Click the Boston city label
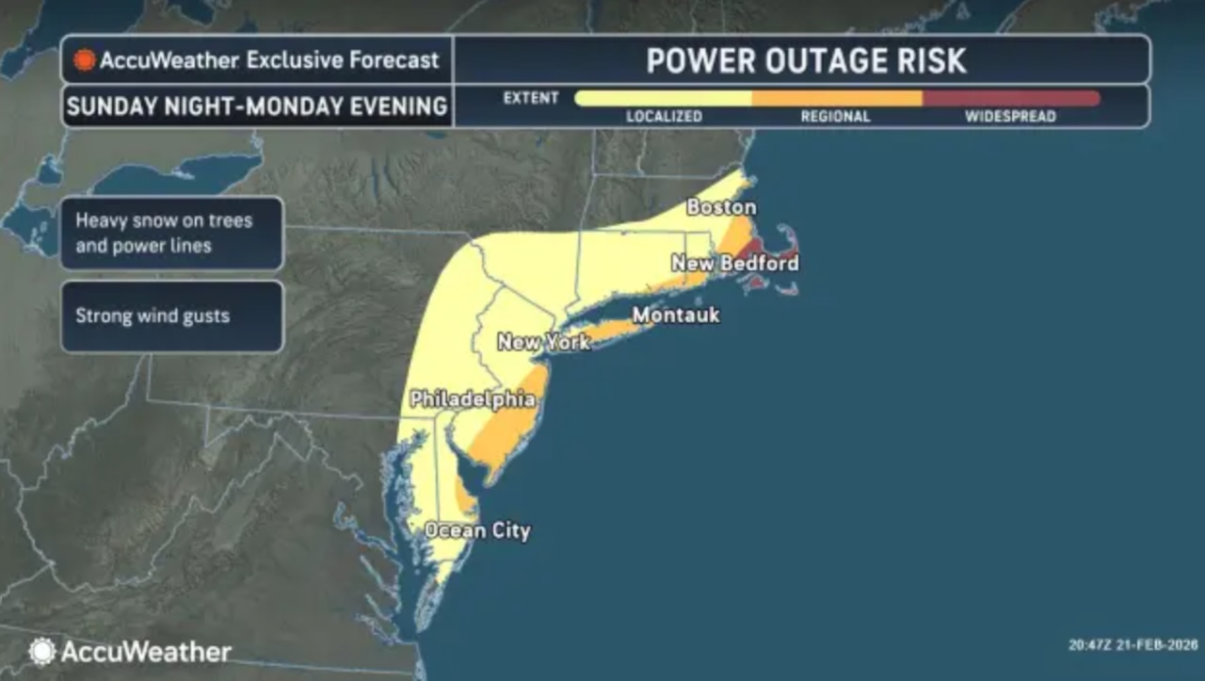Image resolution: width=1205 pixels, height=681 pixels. pos(721,206)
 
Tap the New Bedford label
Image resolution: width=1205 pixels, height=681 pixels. pos(735,263)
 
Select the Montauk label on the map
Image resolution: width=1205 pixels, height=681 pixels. pos(675,315)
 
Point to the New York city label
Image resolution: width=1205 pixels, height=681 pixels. pos(543,342)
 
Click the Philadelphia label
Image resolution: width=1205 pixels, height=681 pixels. pos(473,399)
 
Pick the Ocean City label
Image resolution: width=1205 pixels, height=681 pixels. pos(477,530)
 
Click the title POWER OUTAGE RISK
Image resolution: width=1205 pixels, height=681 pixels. pos(806,61)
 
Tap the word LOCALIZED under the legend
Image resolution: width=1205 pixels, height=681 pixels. pos(665,117)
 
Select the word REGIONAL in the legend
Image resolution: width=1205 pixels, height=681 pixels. pos(835,117)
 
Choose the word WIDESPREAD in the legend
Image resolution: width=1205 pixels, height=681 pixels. pos(1010,117)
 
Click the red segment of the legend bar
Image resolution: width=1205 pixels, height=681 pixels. pos(1010,98)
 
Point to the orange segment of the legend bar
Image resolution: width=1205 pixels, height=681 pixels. pos(836,98)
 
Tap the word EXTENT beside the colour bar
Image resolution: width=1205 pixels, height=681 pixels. pos(531,98)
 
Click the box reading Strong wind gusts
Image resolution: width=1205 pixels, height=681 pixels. pos(172,316)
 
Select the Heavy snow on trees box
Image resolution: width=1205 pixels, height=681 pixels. pos(172,233)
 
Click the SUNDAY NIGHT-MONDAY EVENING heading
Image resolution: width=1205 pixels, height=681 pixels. pos(257,106)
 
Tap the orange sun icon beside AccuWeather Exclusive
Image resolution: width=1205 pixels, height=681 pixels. pos(85,60)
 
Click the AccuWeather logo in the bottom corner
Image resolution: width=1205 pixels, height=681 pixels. pos(130,651)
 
